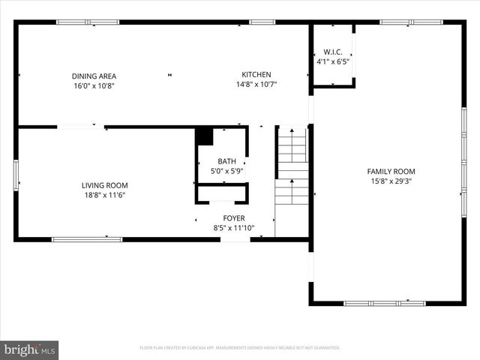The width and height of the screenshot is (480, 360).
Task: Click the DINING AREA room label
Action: click(x=94, y=76)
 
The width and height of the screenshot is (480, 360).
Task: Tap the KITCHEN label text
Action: click(x=256, y=74)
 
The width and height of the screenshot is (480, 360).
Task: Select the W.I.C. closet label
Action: click(x=332, y=52)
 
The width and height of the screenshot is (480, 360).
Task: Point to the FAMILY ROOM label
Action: click(x=391, y=171)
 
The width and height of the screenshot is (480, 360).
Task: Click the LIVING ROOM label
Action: click(x=104, y=185)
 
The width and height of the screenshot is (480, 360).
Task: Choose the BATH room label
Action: click(x=226, y=161)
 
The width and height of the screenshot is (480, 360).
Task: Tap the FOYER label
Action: click(x=233, y=218)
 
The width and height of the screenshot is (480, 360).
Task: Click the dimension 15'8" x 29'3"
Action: click(x=391, y=181)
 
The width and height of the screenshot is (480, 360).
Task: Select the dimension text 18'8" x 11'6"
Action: click(x=104, y=195)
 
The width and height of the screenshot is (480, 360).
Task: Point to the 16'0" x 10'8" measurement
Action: click(x=94, y=85)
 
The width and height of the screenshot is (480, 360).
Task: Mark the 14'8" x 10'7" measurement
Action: click(x=256, y=84)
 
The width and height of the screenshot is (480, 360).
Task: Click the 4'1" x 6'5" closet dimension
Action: click(x=332, y=61)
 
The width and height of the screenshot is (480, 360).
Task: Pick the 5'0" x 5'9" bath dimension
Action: click(x=226, y=171)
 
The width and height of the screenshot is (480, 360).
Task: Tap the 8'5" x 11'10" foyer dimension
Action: click(x=233, y=228)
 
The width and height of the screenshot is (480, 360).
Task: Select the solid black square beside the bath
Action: click(x=204, y=136)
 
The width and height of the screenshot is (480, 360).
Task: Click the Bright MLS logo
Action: click(x=30, y=349)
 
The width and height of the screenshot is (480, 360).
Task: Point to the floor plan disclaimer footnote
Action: click(x=240, y=348)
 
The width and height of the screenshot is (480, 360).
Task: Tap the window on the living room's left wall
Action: click(x=16, y=175)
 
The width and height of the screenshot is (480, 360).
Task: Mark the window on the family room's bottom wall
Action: click(x=384, y=303)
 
